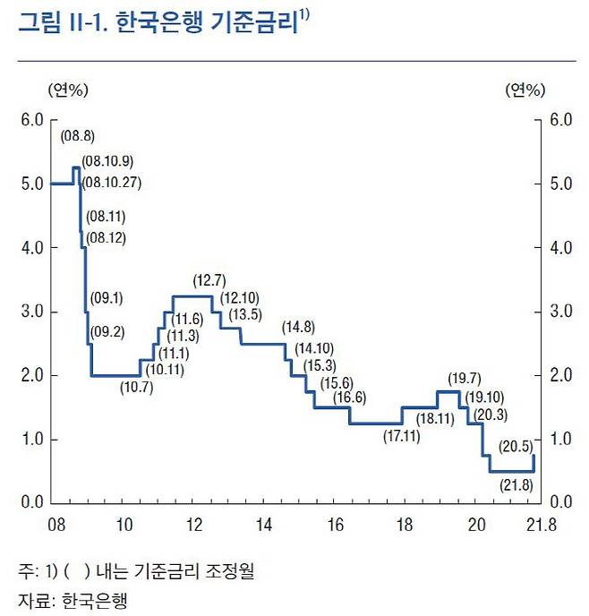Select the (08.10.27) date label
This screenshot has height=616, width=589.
(111, 183)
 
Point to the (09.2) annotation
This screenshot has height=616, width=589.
(107, 332)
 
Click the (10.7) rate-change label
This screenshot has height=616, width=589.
(136, 387)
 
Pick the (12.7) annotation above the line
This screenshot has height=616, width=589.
(209, 281)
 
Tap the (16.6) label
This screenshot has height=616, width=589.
(351, 397)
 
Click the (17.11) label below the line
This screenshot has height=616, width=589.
(401, 437)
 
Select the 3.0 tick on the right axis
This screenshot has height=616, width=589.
(559, 312)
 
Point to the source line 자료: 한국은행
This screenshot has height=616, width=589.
(72, 598)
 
